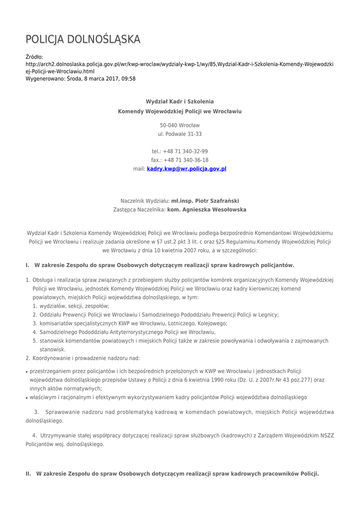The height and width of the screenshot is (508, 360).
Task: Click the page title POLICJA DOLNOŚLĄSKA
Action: pos(83,39)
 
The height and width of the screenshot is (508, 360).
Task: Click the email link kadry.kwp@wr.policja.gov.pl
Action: pos(187,169)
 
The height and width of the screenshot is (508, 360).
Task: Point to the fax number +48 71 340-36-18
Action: pos(186,160)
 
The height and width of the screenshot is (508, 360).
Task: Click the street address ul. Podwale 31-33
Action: pos(180,134)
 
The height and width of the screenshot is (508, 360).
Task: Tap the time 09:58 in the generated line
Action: pos(129,78)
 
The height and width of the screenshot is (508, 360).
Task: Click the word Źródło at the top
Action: pos(34,57)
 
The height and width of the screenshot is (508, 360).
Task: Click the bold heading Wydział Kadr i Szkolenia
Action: pos(180,101)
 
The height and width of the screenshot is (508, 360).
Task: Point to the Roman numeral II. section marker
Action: pos(28,474)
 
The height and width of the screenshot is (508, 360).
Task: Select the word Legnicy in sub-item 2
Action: pos(268,315)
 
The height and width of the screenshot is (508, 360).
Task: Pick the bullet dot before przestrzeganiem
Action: pos(27,371)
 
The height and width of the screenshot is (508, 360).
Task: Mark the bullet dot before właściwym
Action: pos(27,398)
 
